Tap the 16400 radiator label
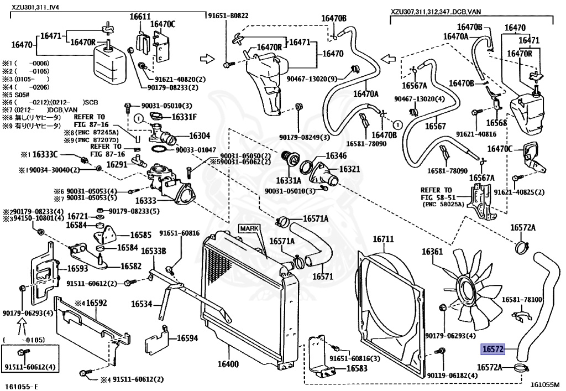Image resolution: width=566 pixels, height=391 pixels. click(228, 365)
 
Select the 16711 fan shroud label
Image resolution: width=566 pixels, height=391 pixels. click(382, 239)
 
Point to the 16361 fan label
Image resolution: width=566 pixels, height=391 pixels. click(433, 252)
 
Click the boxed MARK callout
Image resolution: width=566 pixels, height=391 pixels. click(248, 228)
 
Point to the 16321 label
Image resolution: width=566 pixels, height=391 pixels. click(349, 169)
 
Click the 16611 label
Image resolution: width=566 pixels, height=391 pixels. click(140, 17)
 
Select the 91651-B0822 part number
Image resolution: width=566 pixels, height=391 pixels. click(228, 16)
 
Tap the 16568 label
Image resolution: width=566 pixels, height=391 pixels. click(496, 123)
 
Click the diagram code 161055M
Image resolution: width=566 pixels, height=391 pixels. click(545, 385)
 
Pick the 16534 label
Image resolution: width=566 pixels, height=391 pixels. click(141, 304)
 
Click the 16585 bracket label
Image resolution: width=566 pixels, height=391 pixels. click(125, 235)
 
